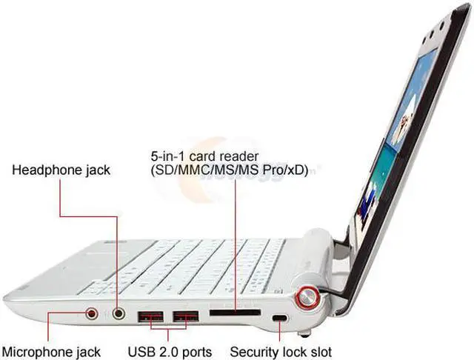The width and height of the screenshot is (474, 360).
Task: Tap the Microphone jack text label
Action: pyautogui.click(x=51, y=351)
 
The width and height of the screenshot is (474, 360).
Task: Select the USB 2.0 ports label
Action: pyautogui.click(x=170, y=351)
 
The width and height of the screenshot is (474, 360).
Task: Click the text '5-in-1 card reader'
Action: pyautogui.click(x=204, y=156)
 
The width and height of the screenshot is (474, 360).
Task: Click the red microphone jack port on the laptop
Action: pyautogui.click(x=93, y=313)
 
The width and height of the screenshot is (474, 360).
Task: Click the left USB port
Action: pyautogui.click(x=152, y=319)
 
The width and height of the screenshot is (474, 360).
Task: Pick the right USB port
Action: pyautogui.click(x=186, y=319)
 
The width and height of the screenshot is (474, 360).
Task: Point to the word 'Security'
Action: pyautogui.click(x=253, y=351)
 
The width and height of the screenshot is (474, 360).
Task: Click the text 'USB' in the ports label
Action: pyautogui.click(x=141, y=351)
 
